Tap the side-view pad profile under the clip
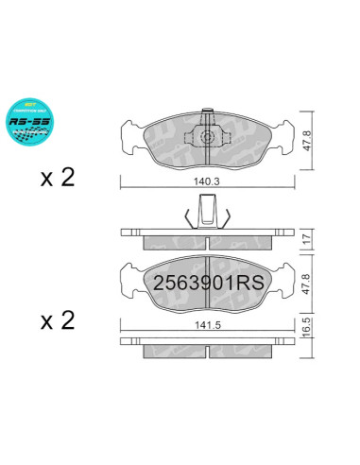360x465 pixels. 205,236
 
